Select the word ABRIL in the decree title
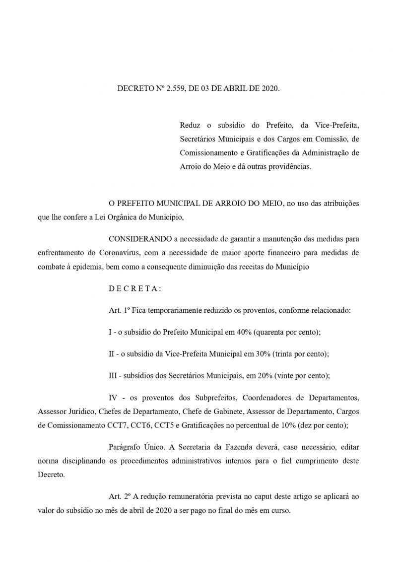pos(235,89)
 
